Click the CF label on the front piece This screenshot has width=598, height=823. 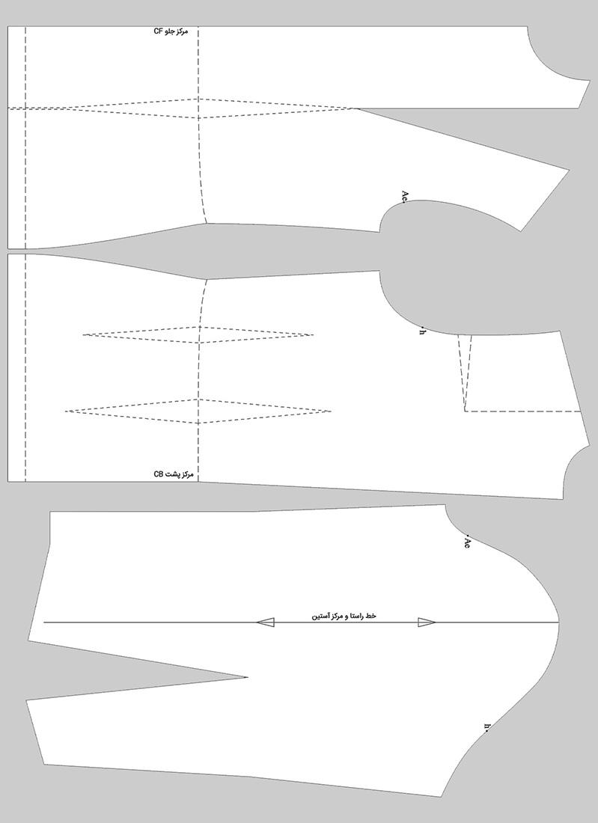pos(171,31)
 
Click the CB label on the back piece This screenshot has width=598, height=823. pos(174,474)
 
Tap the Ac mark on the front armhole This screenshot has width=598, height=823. pos(404,197)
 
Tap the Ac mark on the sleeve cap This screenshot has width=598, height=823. pos(466,543)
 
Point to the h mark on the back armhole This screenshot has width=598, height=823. pos(422,331)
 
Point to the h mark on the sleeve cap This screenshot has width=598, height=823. pos(486,726)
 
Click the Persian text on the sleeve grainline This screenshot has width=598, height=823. pos(344,616)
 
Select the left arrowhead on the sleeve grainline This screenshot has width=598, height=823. pos(265,622)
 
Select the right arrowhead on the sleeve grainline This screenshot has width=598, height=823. pos(427,622)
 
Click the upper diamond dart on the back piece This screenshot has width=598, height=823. pos(198,335)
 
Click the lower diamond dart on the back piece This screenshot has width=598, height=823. pos(198,411)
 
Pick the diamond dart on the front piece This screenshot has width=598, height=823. pos(198,108)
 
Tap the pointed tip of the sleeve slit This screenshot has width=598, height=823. pos(247,678)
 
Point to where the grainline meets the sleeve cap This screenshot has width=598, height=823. pos(559,622)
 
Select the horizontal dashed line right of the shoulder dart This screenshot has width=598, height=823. pos(524,411)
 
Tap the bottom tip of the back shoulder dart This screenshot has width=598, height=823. pos(465,411)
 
